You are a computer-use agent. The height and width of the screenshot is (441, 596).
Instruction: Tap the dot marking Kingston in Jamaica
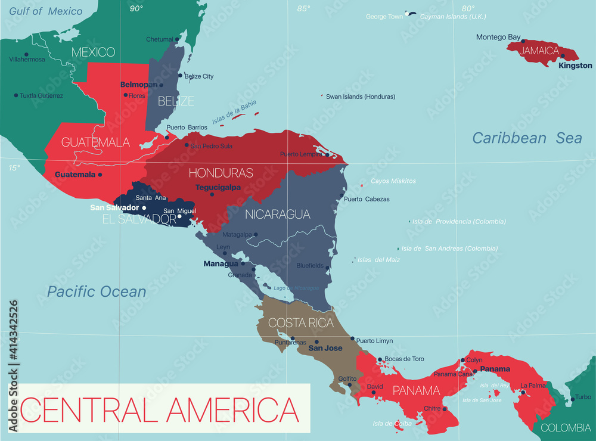563,56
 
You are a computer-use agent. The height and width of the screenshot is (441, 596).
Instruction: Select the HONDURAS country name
221,173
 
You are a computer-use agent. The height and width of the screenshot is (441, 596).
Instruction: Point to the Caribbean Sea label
527,138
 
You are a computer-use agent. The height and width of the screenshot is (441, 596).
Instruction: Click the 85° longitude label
304,8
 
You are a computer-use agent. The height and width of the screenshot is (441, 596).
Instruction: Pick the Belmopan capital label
138,85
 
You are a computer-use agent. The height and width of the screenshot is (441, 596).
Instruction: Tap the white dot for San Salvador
144,207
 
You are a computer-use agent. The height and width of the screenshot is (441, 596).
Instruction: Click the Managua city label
221,263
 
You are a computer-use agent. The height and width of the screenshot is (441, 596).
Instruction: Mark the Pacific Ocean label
97,291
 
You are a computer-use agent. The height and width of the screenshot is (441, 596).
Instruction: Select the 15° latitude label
14,167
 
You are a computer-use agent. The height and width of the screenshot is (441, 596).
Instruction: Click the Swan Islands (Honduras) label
360,97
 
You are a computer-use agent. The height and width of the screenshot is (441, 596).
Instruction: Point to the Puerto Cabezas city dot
342,195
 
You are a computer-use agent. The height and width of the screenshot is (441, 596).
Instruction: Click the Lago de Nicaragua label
296,288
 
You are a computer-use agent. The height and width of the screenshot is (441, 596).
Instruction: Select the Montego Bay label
498,37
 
